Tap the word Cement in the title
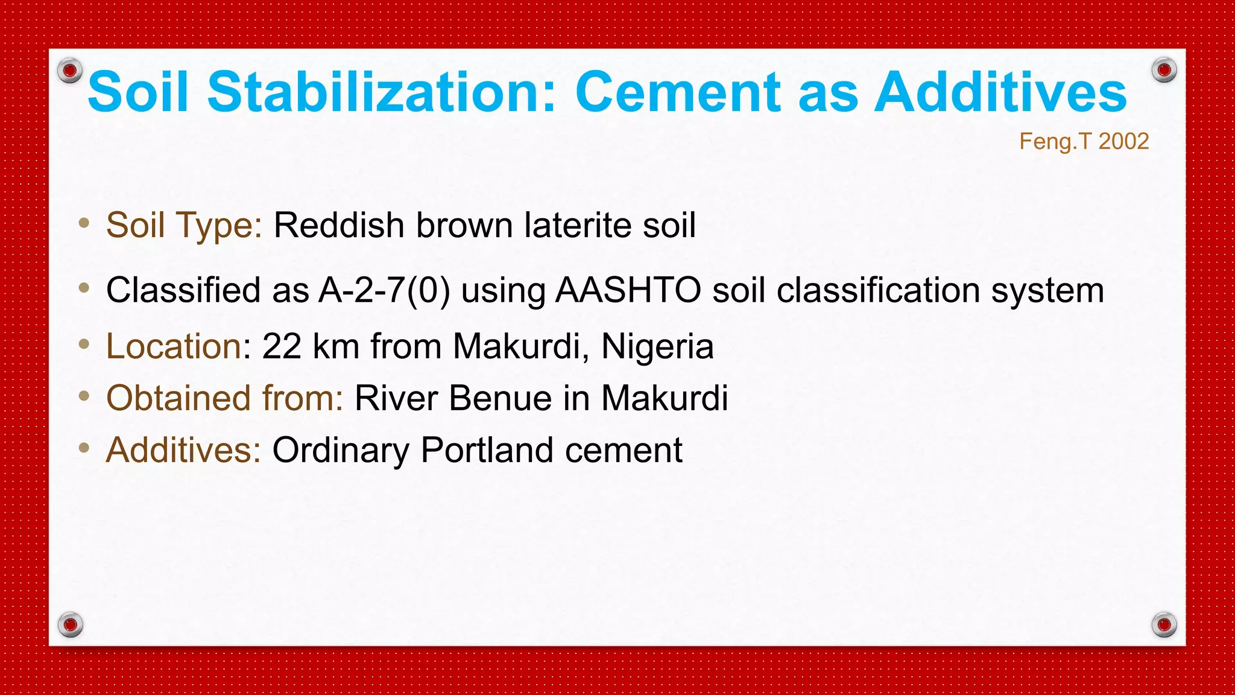coord(678,92)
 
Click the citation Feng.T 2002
coord(1084,142)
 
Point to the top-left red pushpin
coord(70,71)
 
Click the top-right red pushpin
coord(1164,71)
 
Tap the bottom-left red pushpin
coord(70,624)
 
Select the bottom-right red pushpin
coord(1164,624)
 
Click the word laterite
coord(578,226)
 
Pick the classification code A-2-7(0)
coord(384,290)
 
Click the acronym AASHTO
coord(628,290)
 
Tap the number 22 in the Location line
coord(282,347)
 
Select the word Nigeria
coord(657,347)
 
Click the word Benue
coord(501,399)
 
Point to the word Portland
coord(487,451)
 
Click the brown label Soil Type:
coord(184,226)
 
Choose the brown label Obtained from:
coord(224,399)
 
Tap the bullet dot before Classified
coord(84,288)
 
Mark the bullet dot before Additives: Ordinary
coord(84,448)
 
